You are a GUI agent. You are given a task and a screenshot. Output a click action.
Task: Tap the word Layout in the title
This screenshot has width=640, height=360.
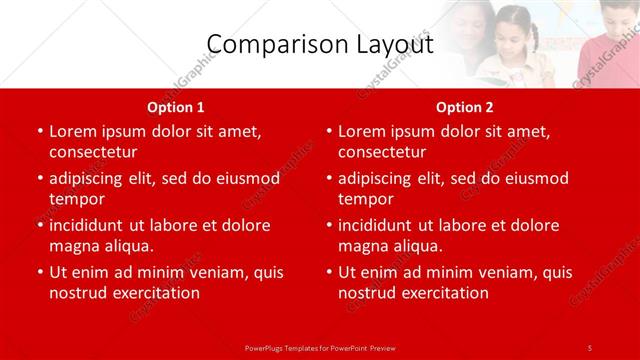point(389,44)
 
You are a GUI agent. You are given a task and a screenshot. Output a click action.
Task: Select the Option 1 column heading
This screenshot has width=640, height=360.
point(176,107)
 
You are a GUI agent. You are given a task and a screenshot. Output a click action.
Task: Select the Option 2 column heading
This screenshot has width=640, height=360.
point(465,107)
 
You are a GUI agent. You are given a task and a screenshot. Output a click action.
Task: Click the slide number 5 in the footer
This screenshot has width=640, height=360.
point(590,347)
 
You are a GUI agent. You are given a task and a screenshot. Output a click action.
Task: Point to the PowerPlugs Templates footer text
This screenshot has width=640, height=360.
point(320,347)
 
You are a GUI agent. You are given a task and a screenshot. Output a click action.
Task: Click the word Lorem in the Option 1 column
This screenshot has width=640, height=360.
point(73,131)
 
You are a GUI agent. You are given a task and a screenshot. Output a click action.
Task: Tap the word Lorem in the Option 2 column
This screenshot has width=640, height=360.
point(362,131)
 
